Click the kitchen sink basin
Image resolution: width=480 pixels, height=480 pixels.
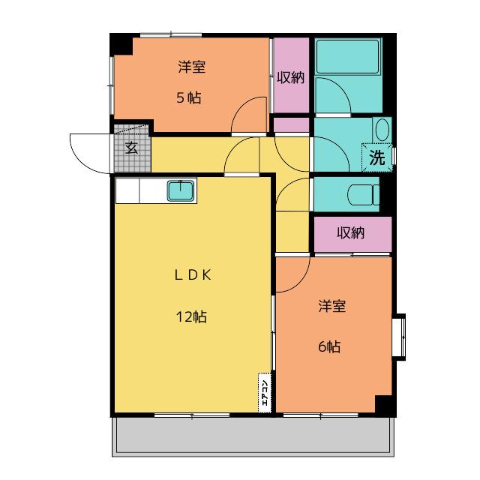pyautogui.click(x=181, y=190)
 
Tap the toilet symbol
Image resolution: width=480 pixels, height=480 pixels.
pyautogui.click(x=363, y=194)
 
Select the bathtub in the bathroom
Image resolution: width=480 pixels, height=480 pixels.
pyautogui.click(x=348, y=56)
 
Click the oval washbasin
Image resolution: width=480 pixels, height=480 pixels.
pyautogui.click(x=382, y=130)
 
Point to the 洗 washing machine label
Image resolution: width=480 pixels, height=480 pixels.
pyautogui.click(x=376, y=157)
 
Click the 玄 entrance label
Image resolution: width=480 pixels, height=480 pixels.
pyautogui.click(x=132, y=148)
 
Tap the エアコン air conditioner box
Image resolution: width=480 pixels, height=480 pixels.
pyautogui.click(x=265, y=392)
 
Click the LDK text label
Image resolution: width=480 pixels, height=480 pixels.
pyautogui.click(x=193, y=275)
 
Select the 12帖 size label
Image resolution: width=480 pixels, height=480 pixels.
pyautogui.click(x=191, y=316)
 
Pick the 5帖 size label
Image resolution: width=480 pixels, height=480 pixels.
pyautogui.click(x=189, y=98)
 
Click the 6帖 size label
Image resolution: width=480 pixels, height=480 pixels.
pyautogui.click(x=329, y=346)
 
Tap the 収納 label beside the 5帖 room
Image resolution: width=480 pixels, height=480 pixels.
pyautogui.click(x=290, y=77)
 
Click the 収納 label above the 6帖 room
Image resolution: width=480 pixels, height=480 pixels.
pyautogui.click(x=350, y=233)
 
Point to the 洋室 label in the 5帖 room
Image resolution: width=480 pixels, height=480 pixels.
pyautogui.click(x=192, y=67)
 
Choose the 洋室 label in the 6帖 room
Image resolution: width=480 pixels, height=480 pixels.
pyautogui.click(x=332, y=306)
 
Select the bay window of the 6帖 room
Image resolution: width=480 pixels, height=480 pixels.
pyautogui.click(x=399, y=337)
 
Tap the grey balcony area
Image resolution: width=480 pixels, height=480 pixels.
pyautogui.click(x=253, y=435)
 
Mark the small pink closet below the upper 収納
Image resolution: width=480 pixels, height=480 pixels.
pyautogui.click(x=291, y=125)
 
